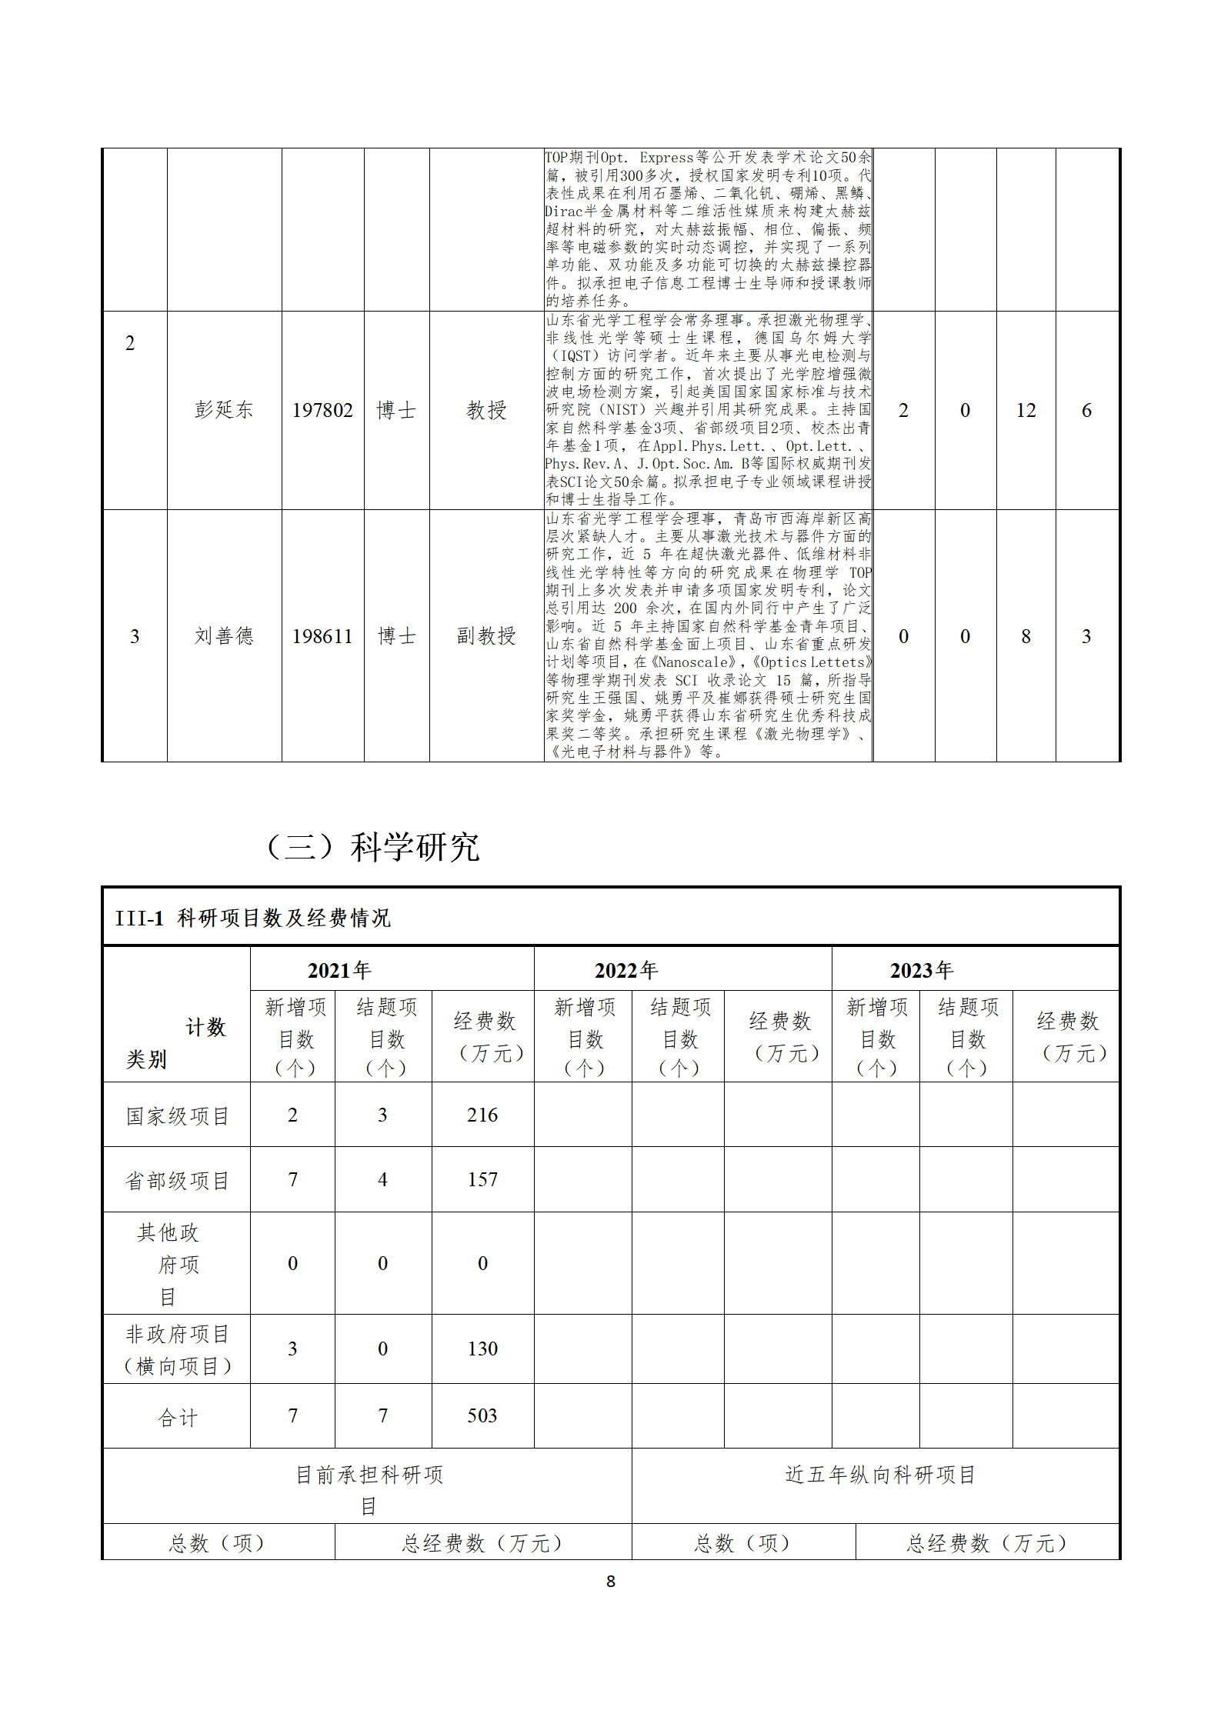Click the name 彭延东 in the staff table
coord(223,410)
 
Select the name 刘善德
coord(223,636)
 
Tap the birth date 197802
coord(322,410)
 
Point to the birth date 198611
coord(322,636)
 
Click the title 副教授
coord(485,636)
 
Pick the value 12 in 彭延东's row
coord(1026,410)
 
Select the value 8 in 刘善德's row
coord(1026,636)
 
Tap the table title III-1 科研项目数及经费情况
coord(253,918)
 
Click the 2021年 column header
coord(339,970)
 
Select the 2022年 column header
coord(626,970)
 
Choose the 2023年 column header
coord(922,970)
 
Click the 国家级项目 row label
coord(178,1115)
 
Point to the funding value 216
coord(482,1115)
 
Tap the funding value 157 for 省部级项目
coord(482,1179)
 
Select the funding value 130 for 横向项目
coord(482,1349)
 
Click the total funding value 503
coord(482,1415)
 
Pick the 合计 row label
coord(178,1417)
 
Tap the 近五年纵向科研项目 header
coord(880,1475)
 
